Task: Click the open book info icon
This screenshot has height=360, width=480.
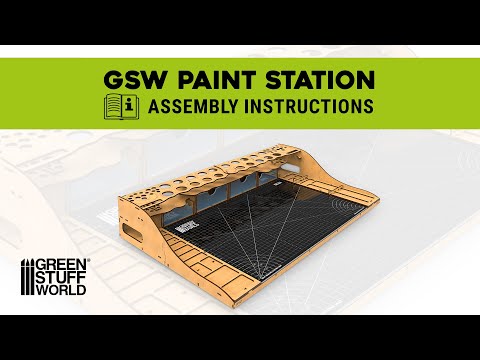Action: pyautogui.click(x=119, y=105)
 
